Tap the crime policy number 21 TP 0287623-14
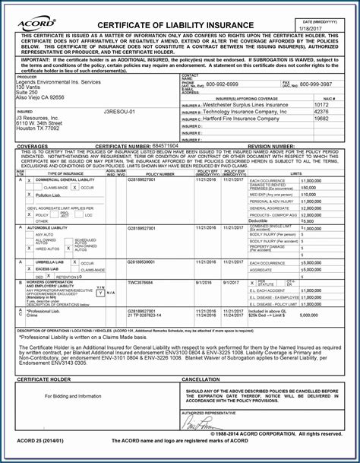click(146, 315)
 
